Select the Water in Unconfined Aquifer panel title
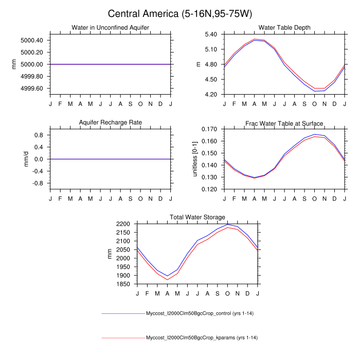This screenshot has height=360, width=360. click(111, 27)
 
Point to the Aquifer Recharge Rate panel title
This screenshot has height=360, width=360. click(111, 122)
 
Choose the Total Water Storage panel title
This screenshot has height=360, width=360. click(197, 218)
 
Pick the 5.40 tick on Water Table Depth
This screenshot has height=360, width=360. click(210, 34)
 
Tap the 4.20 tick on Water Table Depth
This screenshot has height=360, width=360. click(210, 95)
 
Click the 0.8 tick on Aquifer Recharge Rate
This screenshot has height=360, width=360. click(38, 135)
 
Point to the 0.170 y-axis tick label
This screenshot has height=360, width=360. click(208, 129)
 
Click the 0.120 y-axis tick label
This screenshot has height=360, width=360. click(208, 189)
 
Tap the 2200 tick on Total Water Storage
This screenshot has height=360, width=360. click(123, 224)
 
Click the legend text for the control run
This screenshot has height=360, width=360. click(202, 314)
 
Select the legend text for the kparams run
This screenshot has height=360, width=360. click(202, 338)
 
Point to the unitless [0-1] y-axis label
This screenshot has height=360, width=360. click(195, 159)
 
